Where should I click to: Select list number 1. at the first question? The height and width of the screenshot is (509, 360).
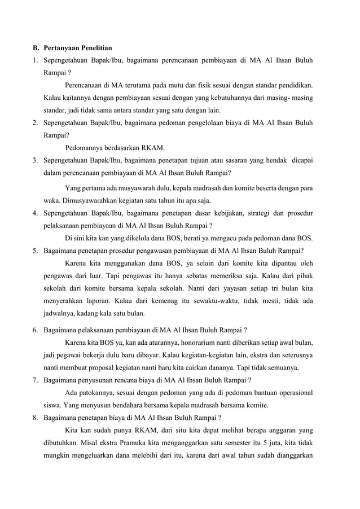coord(34,60)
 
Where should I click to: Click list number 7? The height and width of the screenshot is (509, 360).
coord(34,380)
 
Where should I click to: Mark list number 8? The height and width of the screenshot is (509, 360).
coord(34,418)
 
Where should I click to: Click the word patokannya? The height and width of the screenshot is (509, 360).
coord(94,393)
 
